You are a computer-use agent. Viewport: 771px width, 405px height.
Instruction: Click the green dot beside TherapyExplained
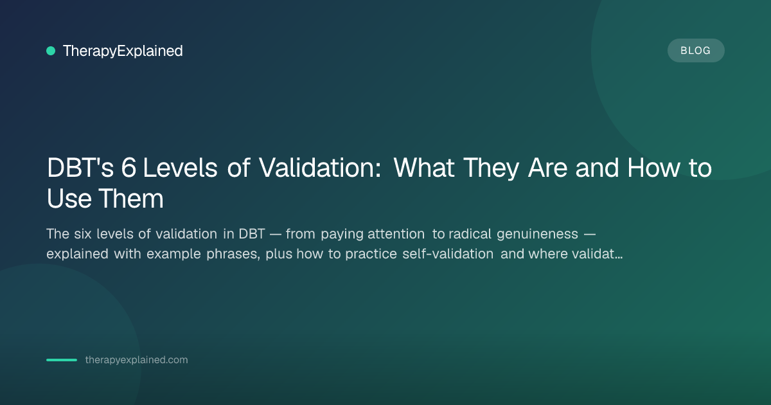[51, 51]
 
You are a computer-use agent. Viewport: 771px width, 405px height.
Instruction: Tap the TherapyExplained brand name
[123, 51]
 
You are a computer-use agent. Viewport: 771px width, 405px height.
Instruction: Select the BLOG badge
[696, 51]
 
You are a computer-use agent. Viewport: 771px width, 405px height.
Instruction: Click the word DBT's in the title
[80, 168]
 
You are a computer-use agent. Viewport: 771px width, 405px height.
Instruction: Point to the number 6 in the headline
[128, 168]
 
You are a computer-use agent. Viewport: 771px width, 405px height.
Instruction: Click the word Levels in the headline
[180, 168]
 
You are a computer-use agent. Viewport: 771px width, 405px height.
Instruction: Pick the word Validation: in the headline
[320, 168]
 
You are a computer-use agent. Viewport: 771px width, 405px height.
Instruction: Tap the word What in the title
[423, 168]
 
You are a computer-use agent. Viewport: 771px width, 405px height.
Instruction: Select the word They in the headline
[491, 168]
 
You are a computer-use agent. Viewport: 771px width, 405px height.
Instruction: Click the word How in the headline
[653, 168]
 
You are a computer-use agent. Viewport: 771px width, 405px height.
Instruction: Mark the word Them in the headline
[131, 199]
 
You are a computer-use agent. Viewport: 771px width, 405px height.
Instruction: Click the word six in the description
[83, 234]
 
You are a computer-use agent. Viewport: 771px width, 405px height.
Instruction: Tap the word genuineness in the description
[537, 235]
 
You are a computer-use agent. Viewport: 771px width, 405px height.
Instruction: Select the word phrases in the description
[233, 255]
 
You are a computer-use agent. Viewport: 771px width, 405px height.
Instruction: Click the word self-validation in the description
[448, 254]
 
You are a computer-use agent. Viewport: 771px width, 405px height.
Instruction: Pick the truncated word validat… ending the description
[597, 254]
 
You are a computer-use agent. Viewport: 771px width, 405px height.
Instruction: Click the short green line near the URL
[62, 360]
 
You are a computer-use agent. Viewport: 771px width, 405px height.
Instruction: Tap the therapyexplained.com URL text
[137, 360]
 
